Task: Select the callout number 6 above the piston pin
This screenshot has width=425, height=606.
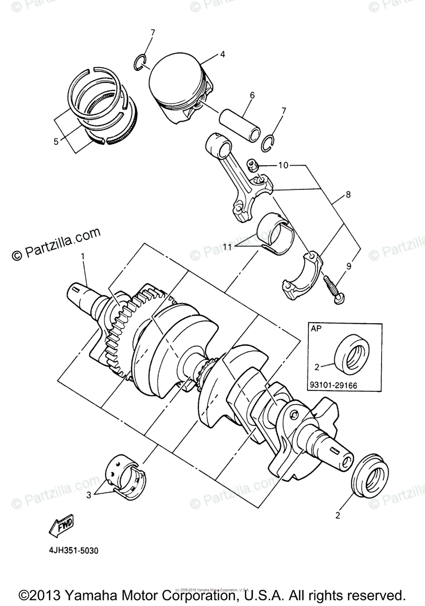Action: tap(252, 94)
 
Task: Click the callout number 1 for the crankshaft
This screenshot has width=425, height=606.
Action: tap(83, 257)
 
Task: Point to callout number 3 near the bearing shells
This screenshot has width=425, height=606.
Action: tap(89, 495)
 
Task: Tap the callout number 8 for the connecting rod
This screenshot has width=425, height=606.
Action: tap(348, 193)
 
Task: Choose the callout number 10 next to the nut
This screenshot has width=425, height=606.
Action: tap(283, 165)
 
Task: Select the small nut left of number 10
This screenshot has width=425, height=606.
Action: tap(252, 164)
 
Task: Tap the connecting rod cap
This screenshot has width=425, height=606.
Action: tap(302, 275)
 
